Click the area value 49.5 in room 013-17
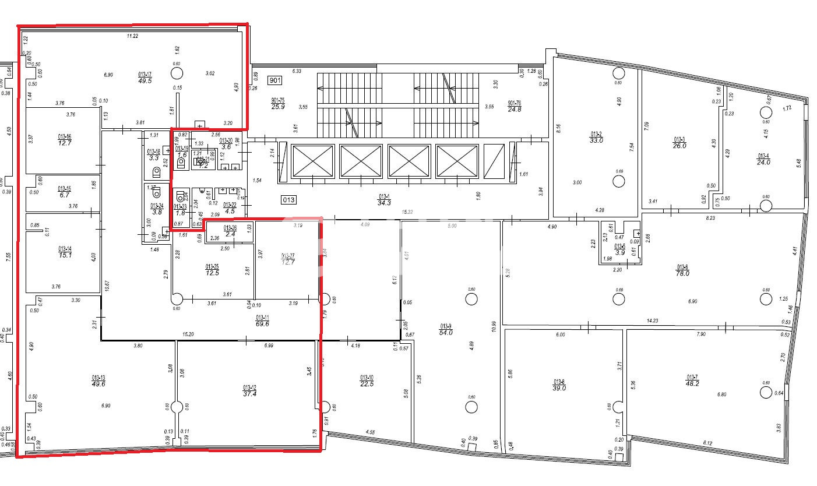click(145, 80)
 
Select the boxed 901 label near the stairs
click(275, 80)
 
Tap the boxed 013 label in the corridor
click(289, 200)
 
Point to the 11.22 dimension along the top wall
click(133, 36)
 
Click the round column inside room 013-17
click(177, 73)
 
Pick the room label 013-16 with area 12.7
click(64, 140)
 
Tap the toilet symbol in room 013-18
click(156, 172)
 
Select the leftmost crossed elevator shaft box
click(312, 161)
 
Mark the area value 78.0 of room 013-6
click(682, 273)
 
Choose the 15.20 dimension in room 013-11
click(188, 334)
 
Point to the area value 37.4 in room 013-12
click(249, 394)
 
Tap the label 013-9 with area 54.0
click(446, 329)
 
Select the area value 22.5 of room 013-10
click(367, 383)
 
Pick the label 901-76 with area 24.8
click(514, 106)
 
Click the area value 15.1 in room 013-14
click(64, 254)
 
